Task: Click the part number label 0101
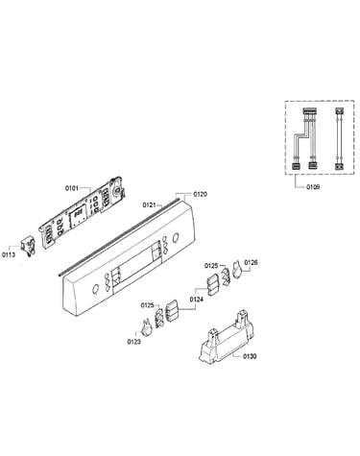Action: click(x=72, y=188)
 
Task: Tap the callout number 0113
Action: click(x=9, y=254)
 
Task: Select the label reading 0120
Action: click(x=200, y=194)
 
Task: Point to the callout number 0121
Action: click(x=149, y=204)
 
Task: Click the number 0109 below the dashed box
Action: click(x=313, y=187)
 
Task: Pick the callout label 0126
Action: click(x=251, y=262)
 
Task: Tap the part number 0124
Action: click(x=196, y=300)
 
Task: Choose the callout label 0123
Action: click(x=133, y=342)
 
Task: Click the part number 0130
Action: click(x=250, y=356)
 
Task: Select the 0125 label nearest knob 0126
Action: click(x=211, y=265)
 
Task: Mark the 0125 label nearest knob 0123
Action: click(x=147, y=305)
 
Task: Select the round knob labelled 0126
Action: click(x=237, y=270)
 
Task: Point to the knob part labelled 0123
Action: click(x=147, y=327)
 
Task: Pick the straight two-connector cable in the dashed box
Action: click(x=339, y=138)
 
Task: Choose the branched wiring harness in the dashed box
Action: click(x=304, y=138)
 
